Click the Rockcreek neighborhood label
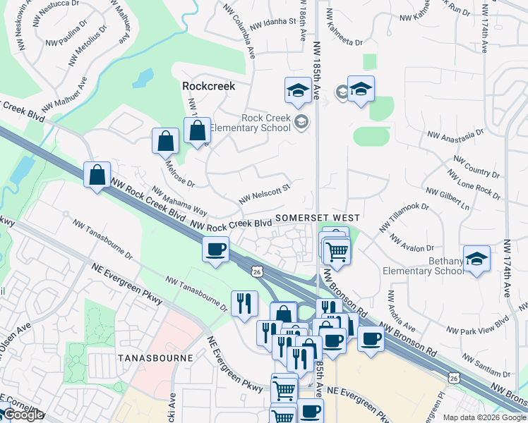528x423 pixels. pyautogui.click(x=208, y=86)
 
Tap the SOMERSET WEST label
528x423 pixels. pyautogui.click(x=318, y=219)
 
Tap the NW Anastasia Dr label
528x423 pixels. pyautogui.click(x=455, y=133)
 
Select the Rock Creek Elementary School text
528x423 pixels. pyautogui.click(x=265, y=123)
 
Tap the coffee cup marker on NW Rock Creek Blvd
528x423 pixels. pyautogui.click(x=216, y=249)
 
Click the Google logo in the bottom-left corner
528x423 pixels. pyautogui.click(x=23, y=415)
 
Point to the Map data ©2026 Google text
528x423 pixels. pyautogui.click(x=484, y=417)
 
